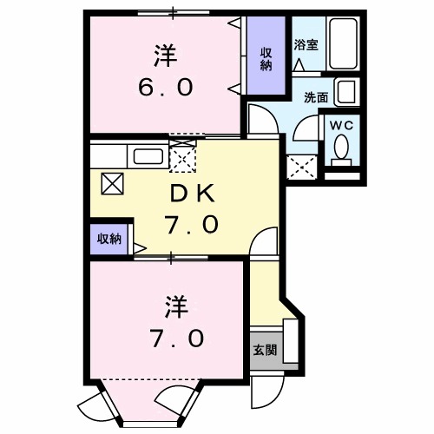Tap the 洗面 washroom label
click(x=315, y=97)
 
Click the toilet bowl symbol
click(x=341, y=153)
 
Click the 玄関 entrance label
click(x=266, y=351)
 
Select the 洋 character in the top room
click(x=165, y=56)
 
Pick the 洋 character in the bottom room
click(x=177, y=306)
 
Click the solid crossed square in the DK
click(x=112, y=182)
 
